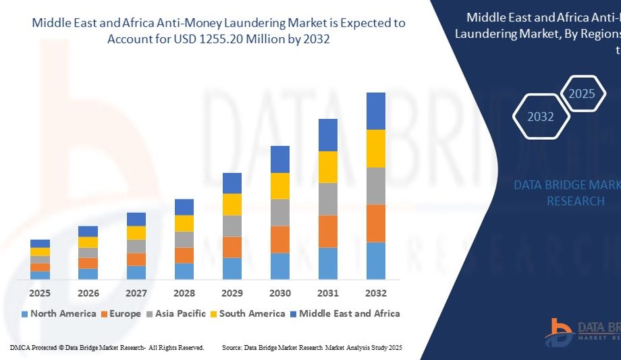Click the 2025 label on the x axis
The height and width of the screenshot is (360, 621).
pos(40,293)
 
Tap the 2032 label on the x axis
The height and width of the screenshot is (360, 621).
pos(376,293)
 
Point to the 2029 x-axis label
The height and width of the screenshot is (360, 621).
pos(232,293)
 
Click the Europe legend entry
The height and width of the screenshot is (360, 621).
pos(121,313)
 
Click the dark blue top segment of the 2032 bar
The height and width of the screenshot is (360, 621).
pos(376,111)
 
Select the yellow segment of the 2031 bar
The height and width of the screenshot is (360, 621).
pos(328,167)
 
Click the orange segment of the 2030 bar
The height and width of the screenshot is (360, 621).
pos(280,239)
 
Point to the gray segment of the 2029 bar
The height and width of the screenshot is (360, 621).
pos(232,226)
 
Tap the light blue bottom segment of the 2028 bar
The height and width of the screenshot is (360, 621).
pos(184,271)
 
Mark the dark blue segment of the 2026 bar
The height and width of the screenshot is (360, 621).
pos(88,231)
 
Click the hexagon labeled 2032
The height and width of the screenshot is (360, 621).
pos(541,116)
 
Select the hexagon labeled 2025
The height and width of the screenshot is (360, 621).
pos(582,93)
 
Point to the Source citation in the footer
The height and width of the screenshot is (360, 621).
pos(312,347)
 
